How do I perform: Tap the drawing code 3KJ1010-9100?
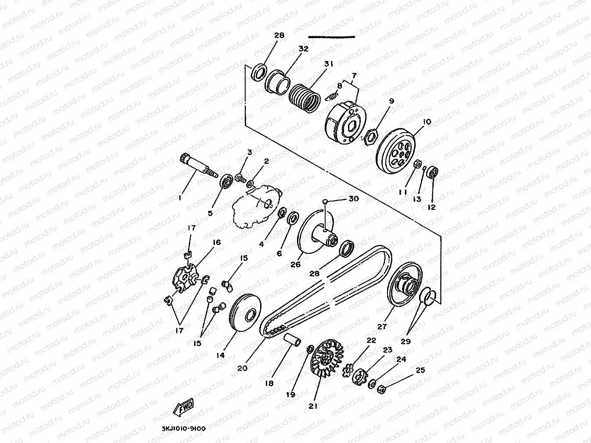pos(180,429)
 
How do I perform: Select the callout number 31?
pos(329,64)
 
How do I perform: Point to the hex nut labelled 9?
pos(371,137)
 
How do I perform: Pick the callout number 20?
pos(242,368)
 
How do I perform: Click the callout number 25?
pos(420,370)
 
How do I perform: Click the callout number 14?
pos(220,355)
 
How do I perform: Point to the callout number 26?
pos(296,264)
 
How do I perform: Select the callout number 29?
pos(406,341)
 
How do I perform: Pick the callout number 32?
pos(303,49)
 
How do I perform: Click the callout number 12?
pos(431,207)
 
